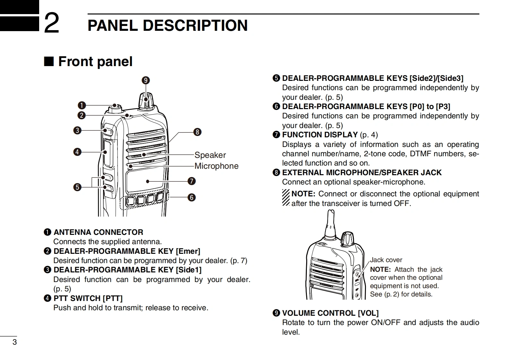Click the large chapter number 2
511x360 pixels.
point(51,23)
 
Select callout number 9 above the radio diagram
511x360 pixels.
point(146,80)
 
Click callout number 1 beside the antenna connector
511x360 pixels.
point(82,105)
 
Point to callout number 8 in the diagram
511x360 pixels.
point(197,132)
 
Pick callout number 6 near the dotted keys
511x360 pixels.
point(191,197)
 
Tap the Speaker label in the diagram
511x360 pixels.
point(210,155)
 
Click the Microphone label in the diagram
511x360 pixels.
point(216,166)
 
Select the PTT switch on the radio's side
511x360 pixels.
point(108,153)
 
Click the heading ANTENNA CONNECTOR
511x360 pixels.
point(98,232)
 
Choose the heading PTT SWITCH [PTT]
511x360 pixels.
point(88,298)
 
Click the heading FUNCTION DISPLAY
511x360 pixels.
point(320,135)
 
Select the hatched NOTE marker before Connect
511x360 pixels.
point(286,198)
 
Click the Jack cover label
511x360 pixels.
point(386,260)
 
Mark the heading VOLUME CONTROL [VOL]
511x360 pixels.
point(330,313)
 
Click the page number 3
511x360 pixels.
point(14,342)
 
